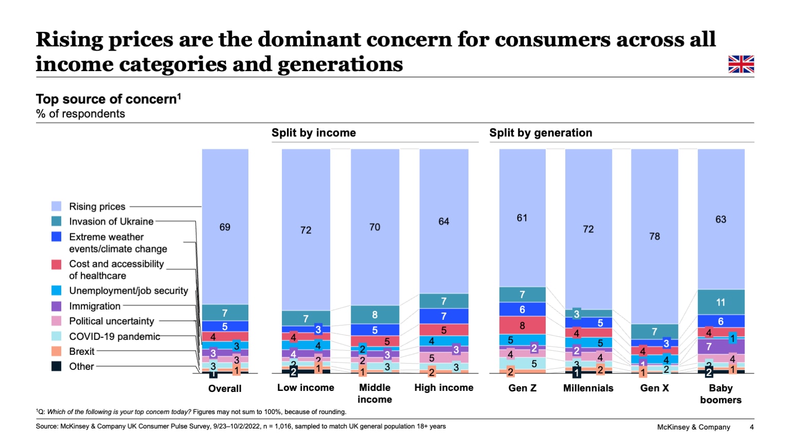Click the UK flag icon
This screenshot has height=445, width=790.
click(741, 64)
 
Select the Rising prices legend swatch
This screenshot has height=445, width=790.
click(57, 207)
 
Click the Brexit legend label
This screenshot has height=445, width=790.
click(82, 351)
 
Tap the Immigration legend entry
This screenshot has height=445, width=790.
click(95, 306)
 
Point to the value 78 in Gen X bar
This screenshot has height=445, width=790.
click(654, 236)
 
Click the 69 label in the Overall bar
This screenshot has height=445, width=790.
click(225, 227)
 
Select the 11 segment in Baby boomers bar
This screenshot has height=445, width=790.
click(721, 302)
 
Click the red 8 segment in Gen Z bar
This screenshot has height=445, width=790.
click(522, 326)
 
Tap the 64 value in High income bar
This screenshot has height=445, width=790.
click(443, 221)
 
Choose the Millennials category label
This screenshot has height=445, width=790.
click(588, 388)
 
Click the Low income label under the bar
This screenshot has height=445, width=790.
click(306, 388)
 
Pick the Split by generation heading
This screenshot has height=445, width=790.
click(541, 133)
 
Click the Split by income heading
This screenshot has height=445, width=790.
click(314, 133)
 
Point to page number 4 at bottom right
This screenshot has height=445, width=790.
click(751, 427)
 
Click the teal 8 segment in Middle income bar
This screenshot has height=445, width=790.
click(374, 315)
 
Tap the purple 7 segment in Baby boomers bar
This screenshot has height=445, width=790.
click(709, 347)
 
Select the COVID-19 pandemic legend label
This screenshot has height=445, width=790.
click(115, 336)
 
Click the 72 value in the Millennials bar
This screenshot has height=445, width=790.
click(588, 229)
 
